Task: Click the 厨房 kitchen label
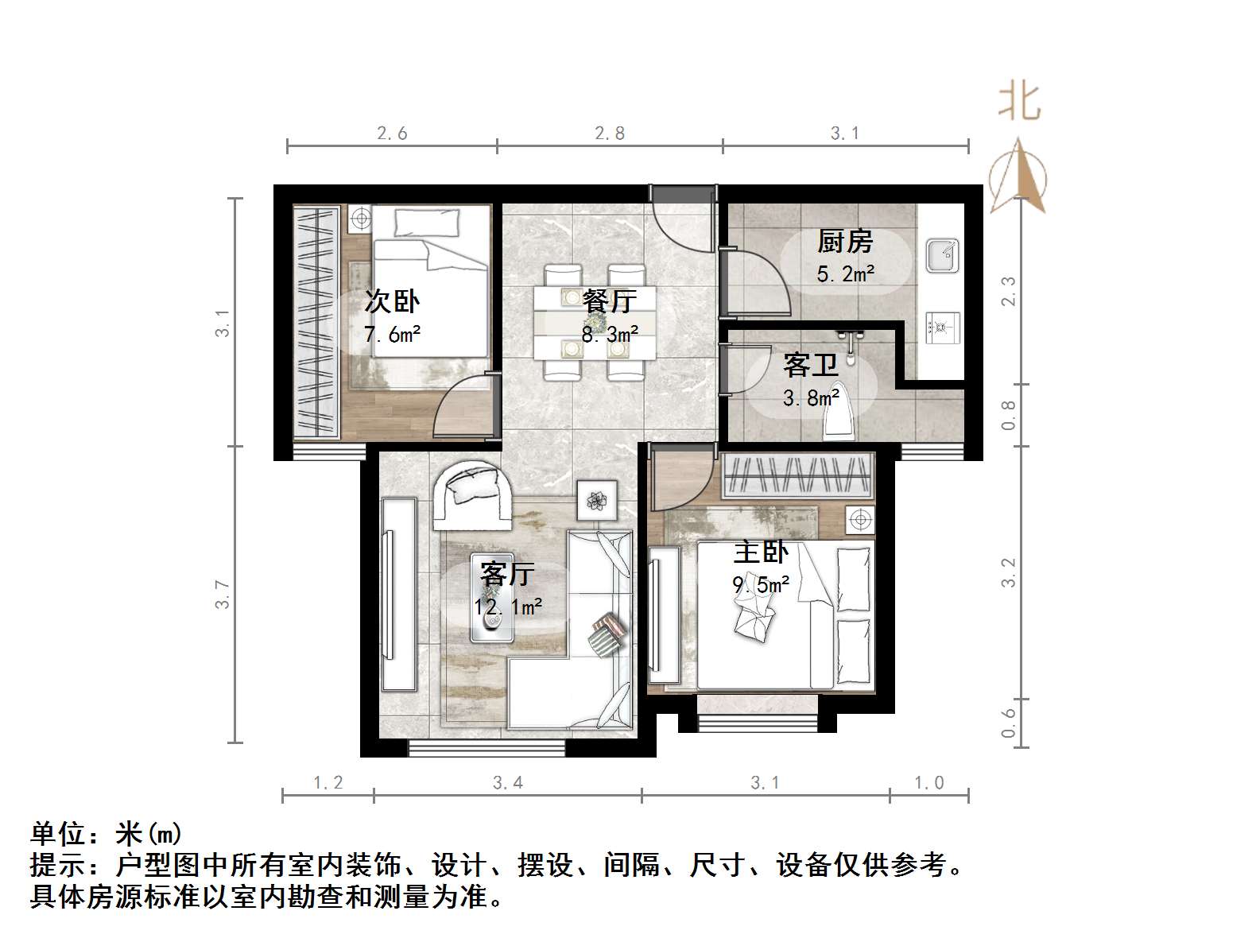pos(845,241)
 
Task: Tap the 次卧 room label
pos(392,302)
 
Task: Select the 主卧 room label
pos(761,552)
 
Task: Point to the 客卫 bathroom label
pos(810,365)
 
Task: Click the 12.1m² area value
pos(508,607)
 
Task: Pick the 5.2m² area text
pos(845,274)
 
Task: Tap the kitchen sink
pos(943,256)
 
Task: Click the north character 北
pos(1020,102)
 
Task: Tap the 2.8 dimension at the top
pos(610,134)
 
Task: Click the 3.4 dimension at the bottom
pos(507,783)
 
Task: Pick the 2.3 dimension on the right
pos(1008,291)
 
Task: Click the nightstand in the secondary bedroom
pos(359,218)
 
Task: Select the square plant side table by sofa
pos(597,501)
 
